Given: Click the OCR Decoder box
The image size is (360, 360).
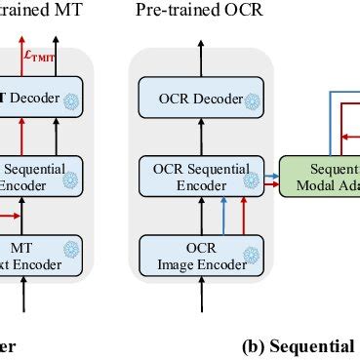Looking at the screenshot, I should coord(195,100).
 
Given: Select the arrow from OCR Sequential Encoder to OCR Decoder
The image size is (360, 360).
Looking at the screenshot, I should coord(195,137).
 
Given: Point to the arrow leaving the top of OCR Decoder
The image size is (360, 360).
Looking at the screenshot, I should coord(195,60).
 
